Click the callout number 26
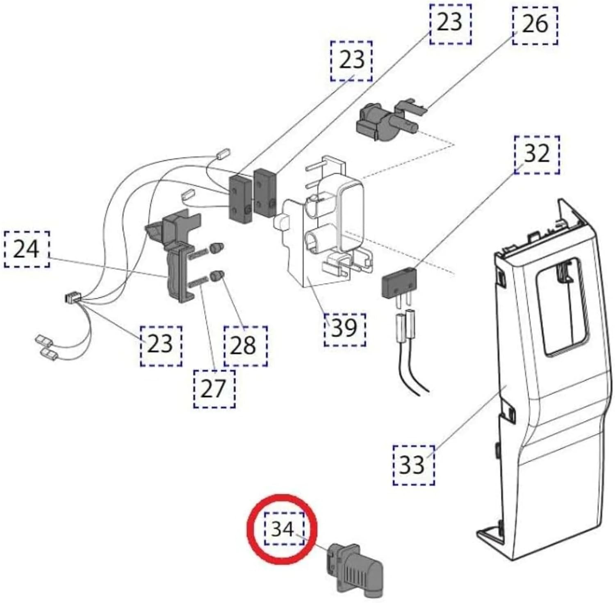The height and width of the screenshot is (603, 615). pos(535,23)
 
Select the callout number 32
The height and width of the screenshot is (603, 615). pos(536,154)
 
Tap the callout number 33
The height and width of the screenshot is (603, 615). pos(413,465)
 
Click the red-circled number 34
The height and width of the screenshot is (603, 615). pos(284,529)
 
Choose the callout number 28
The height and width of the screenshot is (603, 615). pos(245,346)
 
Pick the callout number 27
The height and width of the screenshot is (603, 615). pos(214,388)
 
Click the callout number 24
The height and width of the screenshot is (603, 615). pos(27,249)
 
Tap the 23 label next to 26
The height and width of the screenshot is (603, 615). pos(450,23)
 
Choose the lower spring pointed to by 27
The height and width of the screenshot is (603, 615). pos(198,282)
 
